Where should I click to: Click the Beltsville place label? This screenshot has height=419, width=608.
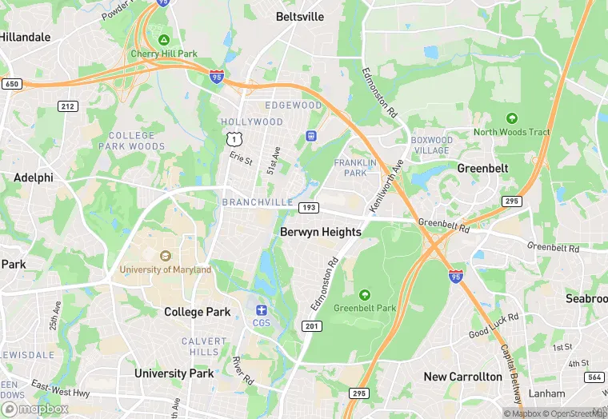point(300,16)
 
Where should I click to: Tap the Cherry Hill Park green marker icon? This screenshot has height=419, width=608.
point(164,40)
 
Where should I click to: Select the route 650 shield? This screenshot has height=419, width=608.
point(12,83)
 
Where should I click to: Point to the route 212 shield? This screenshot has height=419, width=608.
point(67,106)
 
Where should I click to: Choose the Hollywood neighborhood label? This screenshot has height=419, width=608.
point(252,122)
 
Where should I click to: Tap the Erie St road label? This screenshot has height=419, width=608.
point(241,160)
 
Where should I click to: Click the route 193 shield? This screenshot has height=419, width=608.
point(309,208)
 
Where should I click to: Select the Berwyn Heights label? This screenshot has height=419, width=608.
point(321,232)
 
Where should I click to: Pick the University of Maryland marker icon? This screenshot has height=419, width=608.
point(166,256)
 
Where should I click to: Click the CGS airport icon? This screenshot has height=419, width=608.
point(262,309)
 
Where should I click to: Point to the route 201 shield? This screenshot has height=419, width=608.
point(312,325)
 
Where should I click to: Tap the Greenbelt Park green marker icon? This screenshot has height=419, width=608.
point(365,294)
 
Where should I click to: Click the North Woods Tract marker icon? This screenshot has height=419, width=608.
point(512,118)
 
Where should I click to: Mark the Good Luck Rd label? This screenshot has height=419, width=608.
point(494,323)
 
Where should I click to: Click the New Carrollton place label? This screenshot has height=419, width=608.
point(463,377)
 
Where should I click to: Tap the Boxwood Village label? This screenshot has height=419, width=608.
point(432,145)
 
